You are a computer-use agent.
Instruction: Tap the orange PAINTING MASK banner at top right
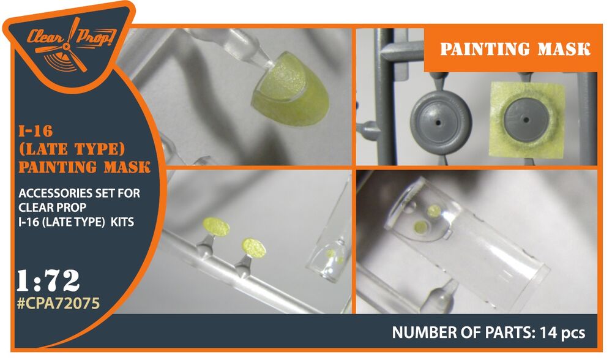point(510,49)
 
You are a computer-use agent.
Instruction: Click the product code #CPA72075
point(59,303)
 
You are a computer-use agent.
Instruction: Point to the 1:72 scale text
point(48,280)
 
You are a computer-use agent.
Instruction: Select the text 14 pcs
point(562,332)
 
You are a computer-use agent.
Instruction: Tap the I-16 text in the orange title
point(35,131)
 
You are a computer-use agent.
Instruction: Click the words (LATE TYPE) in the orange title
point(72,149)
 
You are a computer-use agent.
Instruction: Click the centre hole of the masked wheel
point(526,119)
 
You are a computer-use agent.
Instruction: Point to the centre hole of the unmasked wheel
point(439,123)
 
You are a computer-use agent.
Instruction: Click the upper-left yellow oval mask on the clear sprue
point(216,227)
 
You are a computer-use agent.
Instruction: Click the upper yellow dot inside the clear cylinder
point(434,211)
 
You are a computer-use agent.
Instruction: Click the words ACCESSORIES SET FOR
point(79,193)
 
